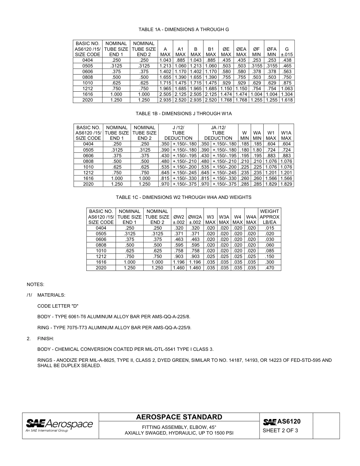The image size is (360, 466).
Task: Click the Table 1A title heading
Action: tap(183, 30)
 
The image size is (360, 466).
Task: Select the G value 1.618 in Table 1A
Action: tap(287, 100)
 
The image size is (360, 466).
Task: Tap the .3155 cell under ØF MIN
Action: tap(256, 66)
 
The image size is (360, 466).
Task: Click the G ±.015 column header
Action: tap(287, 52)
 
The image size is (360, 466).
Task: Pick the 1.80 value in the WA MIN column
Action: tap(257, 150)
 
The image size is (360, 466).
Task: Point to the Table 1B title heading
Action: tap(183, 114)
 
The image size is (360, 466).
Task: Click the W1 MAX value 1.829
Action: tap(271, 184)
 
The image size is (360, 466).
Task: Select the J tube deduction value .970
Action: tap(165, 184)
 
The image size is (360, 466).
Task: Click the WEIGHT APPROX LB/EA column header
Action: tap(269, 217)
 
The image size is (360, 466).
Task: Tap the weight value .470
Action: tap(269, 268)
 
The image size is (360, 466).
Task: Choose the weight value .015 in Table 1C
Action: tap(269, 228)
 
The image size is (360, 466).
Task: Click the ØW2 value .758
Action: tap(178, 251)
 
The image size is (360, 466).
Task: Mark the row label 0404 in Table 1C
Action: tap(101, 228)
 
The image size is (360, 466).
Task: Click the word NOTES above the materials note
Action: tap(35, 284)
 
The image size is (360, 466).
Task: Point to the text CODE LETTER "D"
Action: tap(58, 306)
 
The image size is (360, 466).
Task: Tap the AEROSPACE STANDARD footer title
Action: tap(179, 417)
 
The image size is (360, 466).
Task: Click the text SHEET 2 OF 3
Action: tap(280, 430)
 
